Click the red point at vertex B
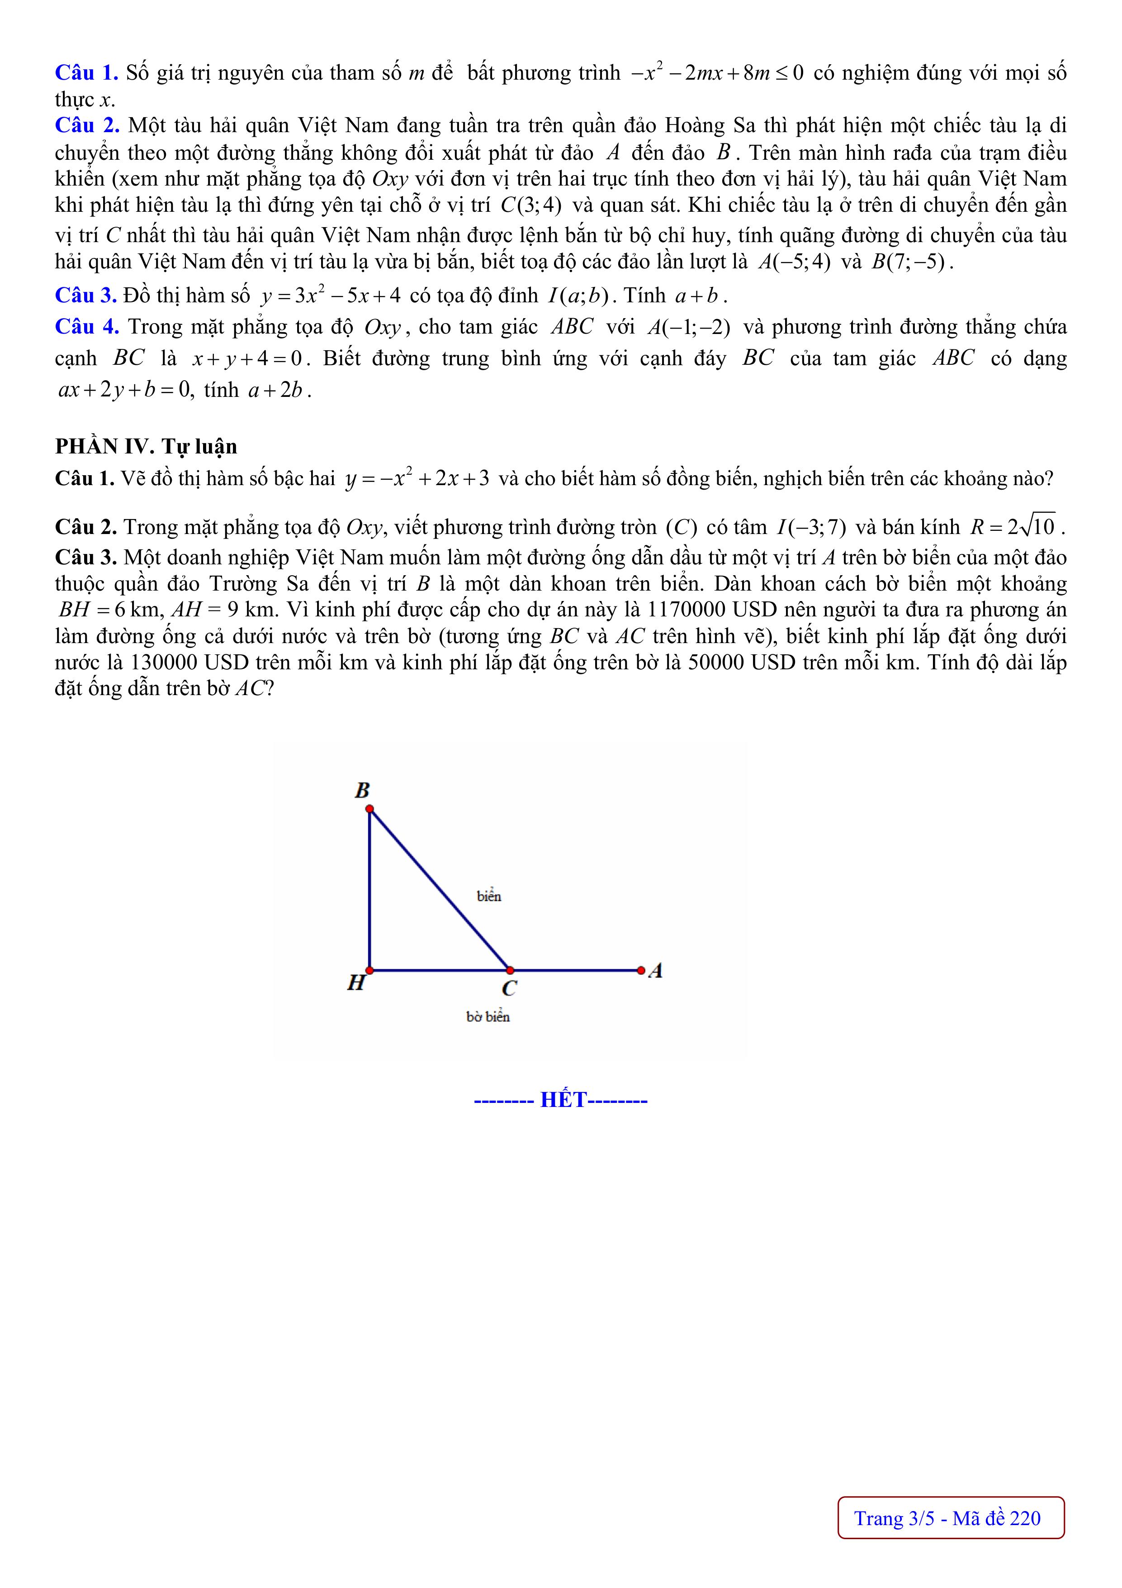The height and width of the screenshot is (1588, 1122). pos(370,809)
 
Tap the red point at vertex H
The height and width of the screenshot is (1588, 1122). pos(370,970)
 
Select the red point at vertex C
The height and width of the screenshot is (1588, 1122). pos(510,970)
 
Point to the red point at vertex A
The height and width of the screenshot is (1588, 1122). pos(641,970)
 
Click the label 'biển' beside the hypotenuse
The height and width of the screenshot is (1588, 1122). pos(489,897)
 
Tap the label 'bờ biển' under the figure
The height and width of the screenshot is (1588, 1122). pos(488,1017)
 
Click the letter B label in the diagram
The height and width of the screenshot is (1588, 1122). pos(362,790)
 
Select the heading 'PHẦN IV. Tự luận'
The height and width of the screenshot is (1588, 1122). pos(146,447)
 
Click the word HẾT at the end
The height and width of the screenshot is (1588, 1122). pos(563,1100)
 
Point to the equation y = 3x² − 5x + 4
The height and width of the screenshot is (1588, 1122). pos(331,296)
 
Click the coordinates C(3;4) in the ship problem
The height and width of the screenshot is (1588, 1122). pos(530,205)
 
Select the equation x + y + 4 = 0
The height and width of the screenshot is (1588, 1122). pos(247,359)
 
